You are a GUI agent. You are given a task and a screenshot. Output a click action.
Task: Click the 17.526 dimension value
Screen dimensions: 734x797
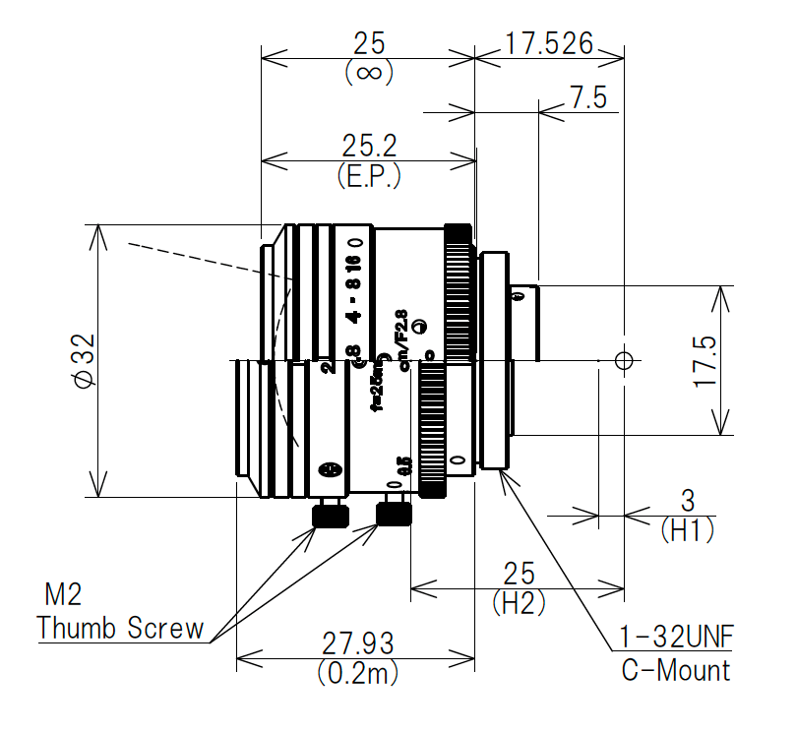coord(549,43)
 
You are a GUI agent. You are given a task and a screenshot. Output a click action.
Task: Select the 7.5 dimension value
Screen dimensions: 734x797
coord(587,97)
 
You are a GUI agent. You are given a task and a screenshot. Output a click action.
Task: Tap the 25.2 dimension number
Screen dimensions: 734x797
coord(369,147)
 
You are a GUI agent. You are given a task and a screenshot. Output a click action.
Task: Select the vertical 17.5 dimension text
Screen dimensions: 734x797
coord(706,360)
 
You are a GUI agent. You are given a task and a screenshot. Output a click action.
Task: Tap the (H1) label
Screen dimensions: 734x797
coord(686,531)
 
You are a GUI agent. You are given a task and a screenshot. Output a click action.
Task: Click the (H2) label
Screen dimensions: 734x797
coord(518,602)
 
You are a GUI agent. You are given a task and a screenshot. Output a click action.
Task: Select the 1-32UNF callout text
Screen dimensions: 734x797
coord(670,639)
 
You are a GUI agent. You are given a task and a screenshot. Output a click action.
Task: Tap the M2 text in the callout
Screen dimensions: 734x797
coord(65,594)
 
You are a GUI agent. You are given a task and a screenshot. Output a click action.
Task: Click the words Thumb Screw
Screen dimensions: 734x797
coord(120,628)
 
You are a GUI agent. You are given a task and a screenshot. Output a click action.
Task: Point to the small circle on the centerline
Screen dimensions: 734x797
coord(622,360)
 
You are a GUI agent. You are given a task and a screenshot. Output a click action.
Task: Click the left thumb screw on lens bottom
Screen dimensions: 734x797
coord(331,513)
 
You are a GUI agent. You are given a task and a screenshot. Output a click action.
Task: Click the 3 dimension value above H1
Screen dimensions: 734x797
coord(688,498)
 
